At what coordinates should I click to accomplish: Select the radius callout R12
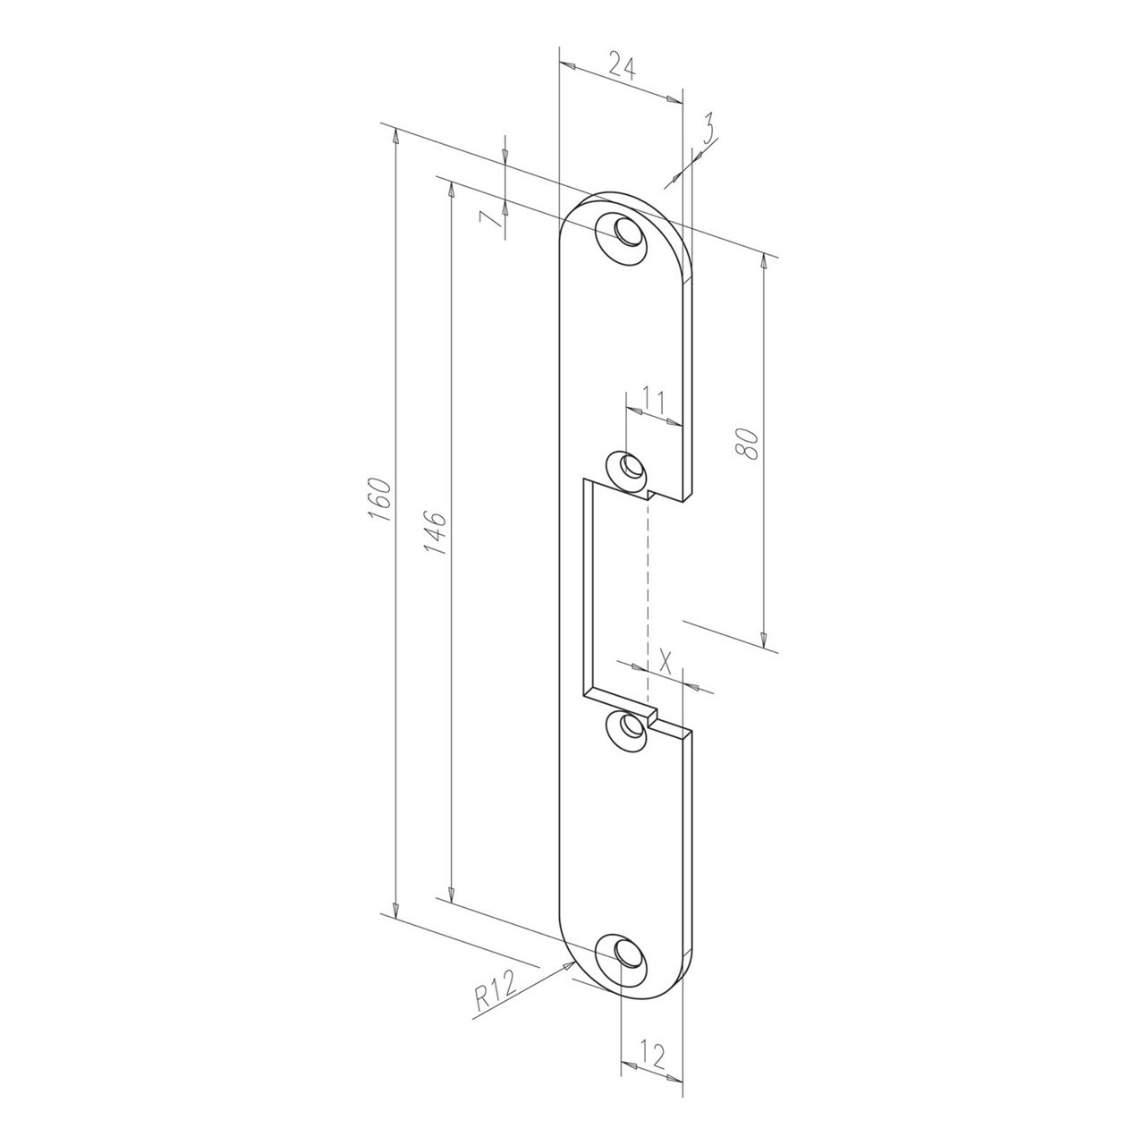[495, 994]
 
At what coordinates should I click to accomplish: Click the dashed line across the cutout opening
[644, 599]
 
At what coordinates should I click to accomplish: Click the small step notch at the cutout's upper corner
[648, 493]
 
